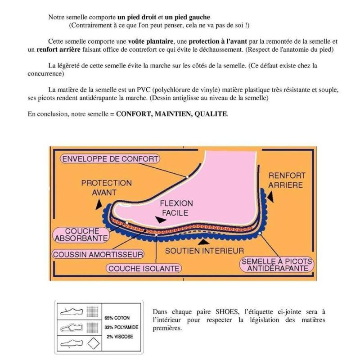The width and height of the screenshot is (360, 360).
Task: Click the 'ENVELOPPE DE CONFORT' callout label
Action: [110, 159]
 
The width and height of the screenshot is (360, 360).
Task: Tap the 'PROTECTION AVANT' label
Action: [106, 188]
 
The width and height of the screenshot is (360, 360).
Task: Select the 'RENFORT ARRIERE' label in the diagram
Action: [287, 180]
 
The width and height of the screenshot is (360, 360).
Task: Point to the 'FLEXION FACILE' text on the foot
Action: [176, 208]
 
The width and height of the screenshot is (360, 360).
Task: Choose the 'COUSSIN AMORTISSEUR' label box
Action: [98, 254]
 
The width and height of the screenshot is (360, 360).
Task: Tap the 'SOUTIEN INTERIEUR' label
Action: [204, 251]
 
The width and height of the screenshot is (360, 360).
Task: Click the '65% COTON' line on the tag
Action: [117, 318]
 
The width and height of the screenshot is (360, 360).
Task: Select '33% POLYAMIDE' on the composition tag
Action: [121, 328]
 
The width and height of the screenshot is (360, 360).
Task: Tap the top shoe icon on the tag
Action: [71, 311]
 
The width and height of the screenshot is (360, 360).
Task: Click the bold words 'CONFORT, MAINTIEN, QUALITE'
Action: [171, 114]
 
